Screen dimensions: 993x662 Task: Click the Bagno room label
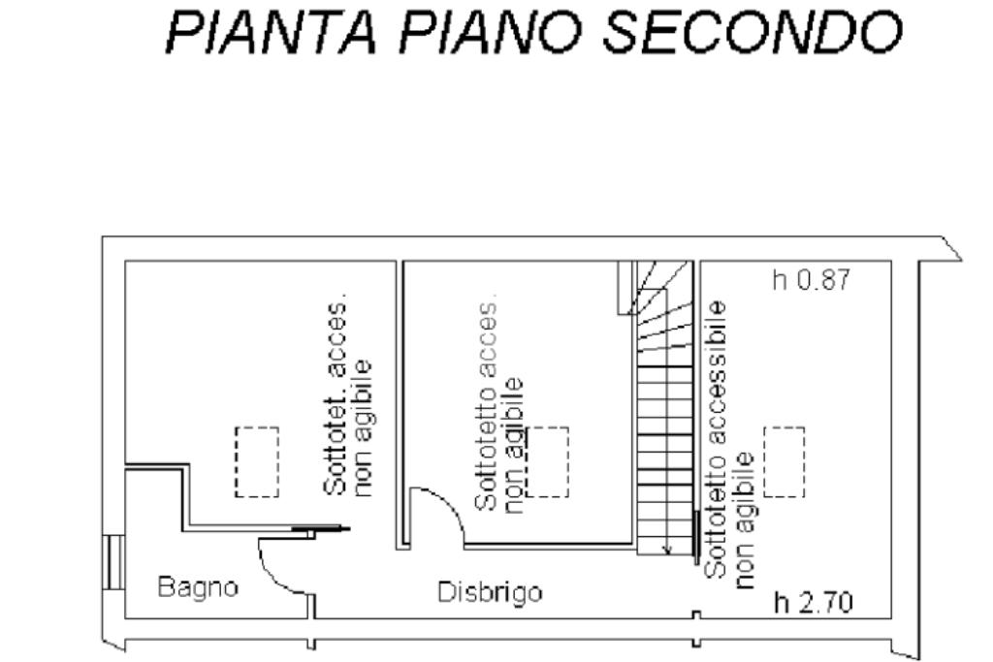pyautogui.click(x=198, y=586)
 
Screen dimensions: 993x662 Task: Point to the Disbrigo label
pyautogui.click(x=489, y=591)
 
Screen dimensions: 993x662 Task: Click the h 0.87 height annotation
pyautogui.click(x=811, y=281)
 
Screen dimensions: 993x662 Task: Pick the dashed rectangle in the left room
pyautogui.click(x=257, y=461)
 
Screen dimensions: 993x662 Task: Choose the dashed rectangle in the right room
pyautogui.click(x=784, y=461)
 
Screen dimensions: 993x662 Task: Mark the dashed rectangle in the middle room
pyautogui.click(x=548, y=461)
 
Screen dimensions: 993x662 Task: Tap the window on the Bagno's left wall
pyautogui.click(x=114, y=562)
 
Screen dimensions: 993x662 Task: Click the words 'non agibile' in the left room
pyautogui.click(x=363, y=426)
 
